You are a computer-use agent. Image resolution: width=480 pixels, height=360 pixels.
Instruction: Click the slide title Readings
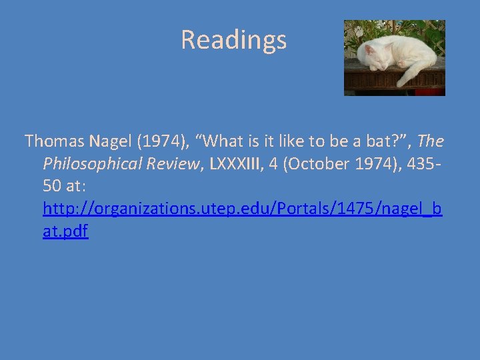233,40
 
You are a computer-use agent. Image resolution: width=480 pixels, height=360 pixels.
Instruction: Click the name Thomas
54,141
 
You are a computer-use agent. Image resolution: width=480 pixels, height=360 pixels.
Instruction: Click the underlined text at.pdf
65,232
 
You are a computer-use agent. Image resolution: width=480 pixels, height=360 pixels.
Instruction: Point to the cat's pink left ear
368,49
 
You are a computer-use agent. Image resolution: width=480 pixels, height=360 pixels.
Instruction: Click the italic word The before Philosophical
431,141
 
